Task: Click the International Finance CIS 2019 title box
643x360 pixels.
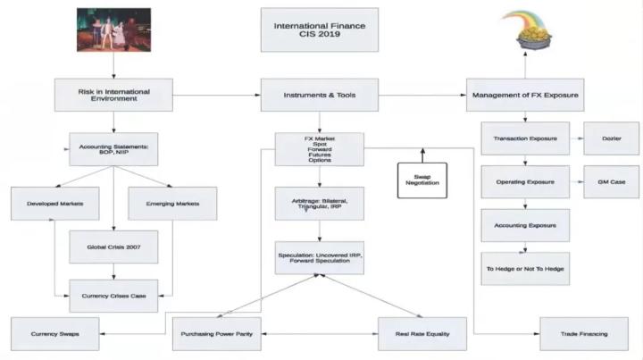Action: (319, 29)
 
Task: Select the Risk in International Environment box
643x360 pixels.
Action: (113, 93)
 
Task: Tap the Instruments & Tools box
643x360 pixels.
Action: (319, 93)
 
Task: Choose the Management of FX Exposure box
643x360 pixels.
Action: (524, 93)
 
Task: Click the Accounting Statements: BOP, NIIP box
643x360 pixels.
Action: (113, 148)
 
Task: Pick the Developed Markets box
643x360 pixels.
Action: (50, 204)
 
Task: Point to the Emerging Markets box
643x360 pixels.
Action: (171, 204)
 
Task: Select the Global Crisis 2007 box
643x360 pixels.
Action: (113, 246)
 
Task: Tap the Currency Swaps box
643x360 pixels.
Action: (50, 333)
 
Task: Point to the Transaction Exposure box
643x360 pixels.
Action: (524, 138)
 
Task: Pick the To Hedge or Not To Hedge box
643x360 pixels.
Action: (524, 268)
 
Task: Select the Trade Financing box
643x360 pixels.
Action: (585, 333)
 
